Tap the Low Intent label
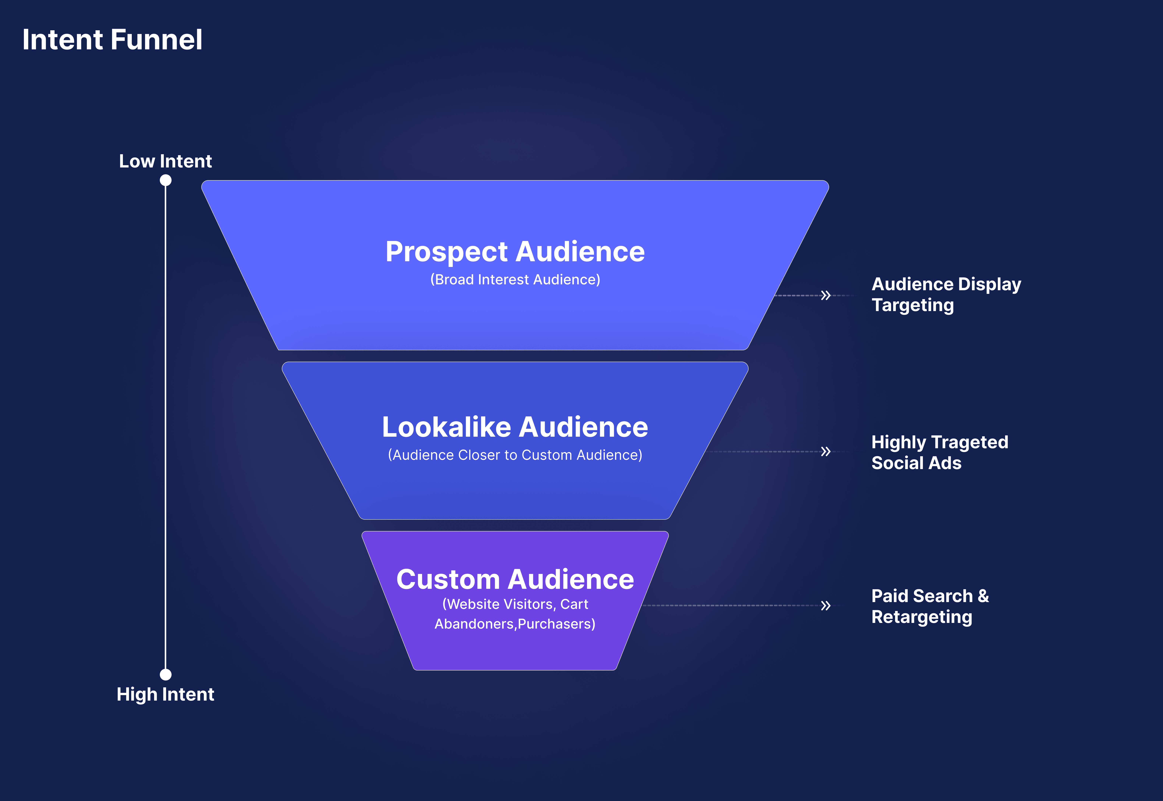pos(165,161)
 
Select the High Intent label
pos(165,694)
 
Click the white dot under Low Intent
pos(165,180)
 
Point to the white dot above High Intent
pos(165,674)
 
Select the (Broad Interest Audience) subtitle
pos(515,280)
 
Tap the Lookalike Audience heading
pos(515,427)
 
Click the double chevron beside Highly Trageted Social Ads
pos(826,451)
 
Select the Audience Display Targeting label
pos(946,295)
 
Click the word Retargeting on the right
pos(922,617)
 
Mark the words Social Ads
pos(916,463)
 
